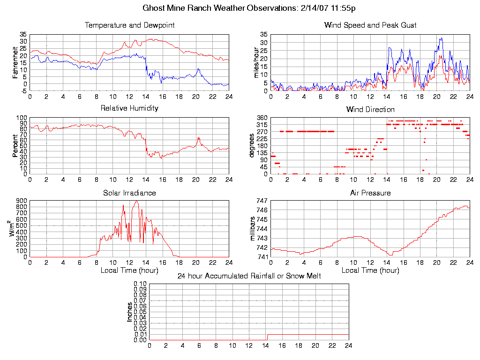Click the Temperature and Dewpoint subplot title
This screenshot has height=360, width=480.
click(x=129, y=25)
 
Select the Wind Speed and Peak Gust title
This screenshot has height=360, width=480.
click(x=370, y=25)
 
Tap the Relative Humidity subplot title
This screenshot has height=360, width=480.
click(x=129, y=108)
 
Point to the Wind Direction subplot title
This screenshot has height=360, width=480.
click(x=370, y=110)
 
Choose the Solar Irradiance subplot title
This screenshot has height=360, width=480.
click(x=129, y=193)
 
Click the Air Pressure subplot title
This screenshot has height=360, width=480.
click(x=370, y=193)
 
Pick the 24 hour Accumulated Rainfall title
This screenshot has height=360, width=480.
click(x=249, y=276)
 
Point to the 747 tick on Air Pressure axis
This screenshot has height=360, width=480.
click(x=262, y=201)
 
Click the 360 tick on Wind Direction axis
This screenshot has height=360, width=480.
click(x=262, y=118)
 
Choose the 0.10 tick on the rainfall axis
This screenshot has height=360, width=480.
click(x=140, y=284)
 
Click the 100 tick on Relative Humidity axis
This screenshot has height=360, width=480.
click(x=22, y=118)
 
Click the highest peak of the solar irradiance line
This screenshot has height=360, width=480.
click(x=137, y=201)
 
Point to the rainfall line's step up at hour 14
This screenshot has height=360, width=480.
click(x=267, y=337)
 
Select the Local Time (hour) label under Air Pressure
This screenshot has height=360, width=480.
click(x=370, y=270)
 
